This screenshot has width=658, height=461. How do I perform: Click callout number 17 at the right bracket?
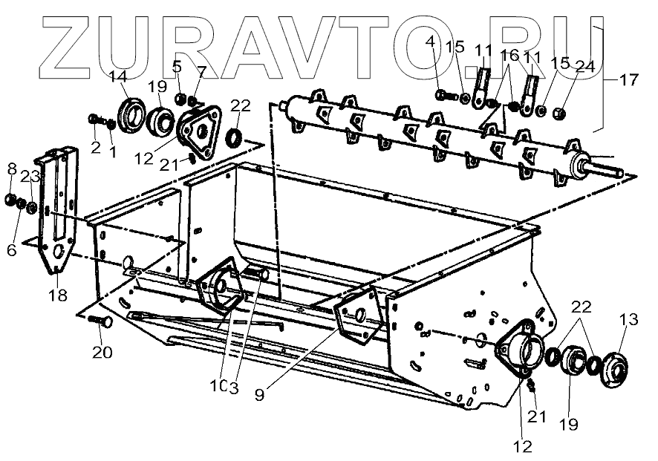pyautogui.click(x=628, y=79)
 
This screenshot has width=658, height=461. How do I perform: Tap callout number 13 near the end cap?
pyautogui.click(x=628, y=320)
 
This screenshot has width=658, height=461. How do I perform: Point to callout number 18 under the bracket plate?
pyautogui.click(x=58, y=295)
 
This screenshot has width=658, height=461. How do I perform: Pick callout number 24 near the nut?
pyautogui.click(x=585, y=65)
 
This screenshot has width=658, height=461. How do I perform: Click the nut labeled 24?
pyautogui.click(x=561, y=114)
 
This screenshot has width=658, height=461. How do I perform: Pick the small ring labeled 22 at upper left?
pyautogui.click(x=235, y=137)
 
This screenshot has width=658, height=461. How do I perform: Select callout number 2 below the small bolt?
pyautogui.click(x=96, y=147)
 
